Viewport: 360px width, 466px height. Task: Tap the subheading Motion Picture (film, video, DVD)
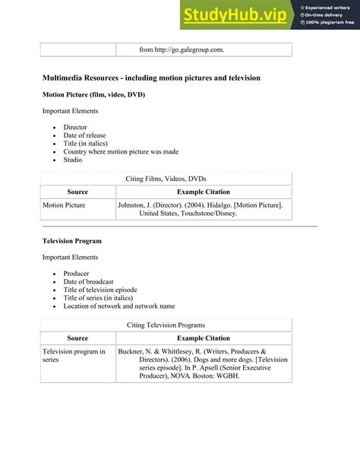pyautogui.click(x=93, y=94)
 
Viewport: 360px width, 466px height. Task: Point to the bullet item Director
pyautogui.click(x=75, y=128)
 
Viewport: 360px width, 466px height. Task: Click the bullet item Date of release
pyautogui.click(x=84, y=135)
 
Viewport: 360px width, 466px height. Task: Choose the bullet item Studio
pyautogui.click(x=73, y=160)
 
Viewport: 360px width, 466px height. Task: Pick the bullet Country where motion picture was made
pyautogui.click(x=121, y=151)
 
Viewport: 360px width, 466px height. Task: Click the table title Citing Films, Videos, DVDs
pyautogui.click(x=166, y=178)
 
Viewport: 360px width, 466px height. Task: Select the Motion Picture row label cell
pyautogui.click(x=64, y=205)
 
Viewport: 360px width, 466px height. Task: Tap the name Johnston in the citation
pyautogui.click(x=134, y=205)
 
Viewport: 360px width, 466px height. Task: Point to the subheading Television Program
pyautogui.click(x=72, y=241)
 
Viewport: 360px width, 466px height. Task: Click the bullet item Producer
pyautogui.click(x=77, y=274)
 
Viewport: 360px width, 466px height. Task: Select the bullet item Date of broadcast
pyautogui.click(x=89, y=282)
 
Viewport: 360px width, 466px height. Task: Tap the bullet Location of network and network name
pyautogui.click(x=119, y=306)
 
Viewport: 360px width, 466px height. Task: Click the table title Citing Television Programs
pyautogui.click(x=166, y=325)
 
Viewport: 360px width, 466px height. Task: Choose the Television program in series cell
pyautogui.click(x=74, y=356)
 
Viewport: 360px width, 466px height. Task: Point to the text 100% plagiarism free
pyautogui.click(x=330, y=22)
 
